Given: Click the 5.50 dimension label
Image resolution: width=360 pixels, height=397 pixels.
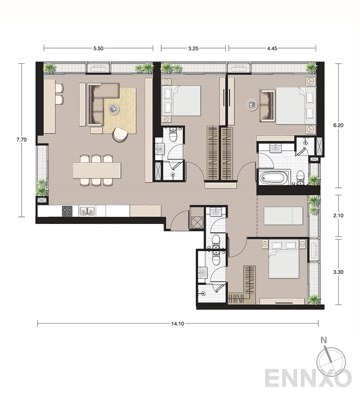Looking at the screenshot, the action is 98,48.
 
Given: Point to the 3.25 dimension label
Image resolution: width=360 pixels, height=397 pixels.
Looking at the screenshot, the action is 193,48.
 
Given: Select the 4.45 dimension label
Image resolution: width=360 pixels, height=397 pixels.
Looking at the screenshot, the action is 272,48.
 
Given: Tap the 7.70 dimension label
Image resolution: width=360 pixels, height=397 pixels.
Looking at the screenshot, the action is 21,140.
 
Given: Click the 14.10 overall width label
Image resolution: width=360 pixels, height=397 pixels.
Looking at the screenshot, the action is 177,324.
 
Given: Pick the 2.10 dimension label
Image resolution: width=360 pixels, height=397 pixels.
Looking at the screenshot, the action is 338,216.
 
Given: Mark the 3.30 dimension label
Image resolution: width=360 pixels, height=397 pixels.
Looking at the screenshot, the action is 338,272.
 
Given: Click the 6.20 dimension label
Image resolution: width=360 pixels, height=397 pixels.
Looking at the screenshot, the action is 338,125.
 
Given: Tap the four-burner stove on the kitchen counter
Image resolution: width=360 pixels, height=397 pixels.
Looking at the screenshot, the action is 67,211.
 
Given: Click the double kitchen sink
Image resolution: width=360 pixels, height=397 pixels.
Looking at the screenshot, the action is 87,211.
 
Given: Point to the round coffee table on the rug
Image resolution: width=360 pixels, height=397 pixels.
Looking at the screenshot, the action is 114,109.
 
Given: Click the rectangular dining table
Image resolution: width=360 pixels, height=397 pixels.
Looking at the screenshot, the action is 97,170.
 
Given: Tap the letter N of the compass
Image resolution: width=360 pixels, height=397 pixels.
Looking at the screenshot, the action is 324,340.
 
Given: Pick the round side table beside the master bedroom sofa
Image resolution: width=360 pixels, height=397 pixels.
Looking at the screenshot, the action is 252,105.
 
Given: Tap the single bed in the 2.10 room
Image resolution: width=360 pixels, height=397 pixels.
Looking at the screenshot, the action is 283,216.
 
